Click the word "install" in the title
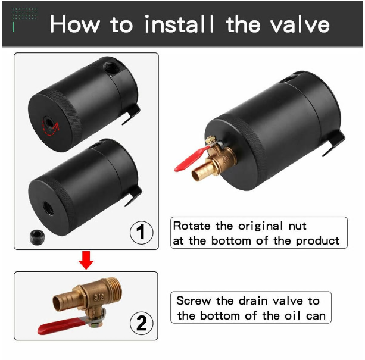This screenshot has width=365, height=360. coord(179,24)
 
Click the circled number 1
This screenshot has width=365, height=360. coord(141,232)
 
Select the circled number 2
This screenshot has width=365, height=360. coord(142,323)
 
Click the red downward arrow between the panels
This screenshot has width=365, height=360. coord(86,260)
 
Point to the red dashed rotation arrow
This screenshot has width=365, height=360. coord(51,127)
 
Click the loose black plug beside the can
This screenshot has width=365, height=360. coord(38,237)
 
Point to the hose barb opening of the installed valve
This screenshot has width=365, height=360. coord(197,176)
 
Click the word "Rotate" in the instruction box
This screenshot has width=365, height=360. coord(192,226)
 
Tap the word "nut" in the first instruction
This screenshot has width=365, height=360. coord(298,226)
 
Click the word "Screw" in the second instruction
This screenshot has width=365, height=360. coord(194,300)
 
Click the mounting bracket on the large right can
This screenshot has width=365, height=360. coord(333,143)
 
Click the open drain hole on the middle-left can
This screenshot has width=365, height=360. coord(48,208)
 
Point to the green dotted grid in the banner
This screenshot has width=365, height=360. coord(24,14)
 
